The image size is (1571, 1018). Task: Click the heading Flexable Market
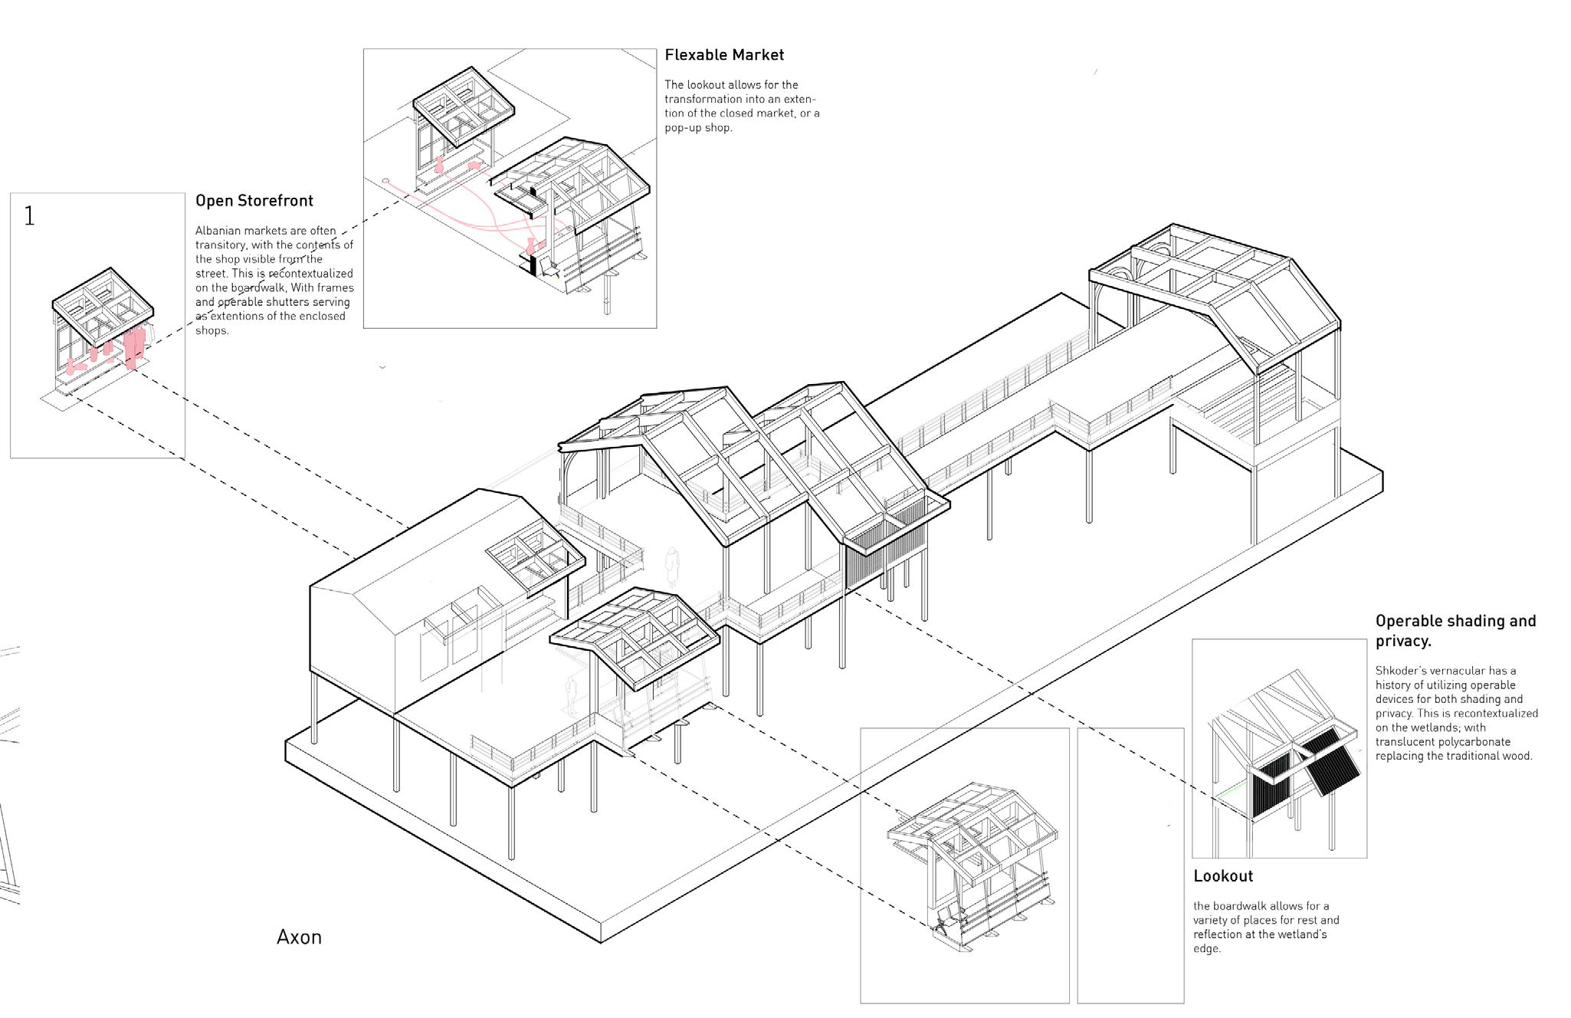724,55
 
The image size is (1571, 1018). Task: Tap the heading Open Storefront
254,201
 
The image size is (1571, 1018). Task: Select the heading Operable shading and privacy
1455,630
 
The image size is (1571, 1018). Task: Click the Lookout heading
1223,876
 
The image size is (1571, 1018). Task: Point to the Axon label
299,937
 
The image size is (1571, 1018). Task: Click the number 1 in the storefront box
29,216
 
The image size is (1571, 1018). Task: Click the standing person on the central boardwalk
672,567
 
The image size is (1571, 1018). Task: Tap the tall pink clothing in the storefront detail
135,346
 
